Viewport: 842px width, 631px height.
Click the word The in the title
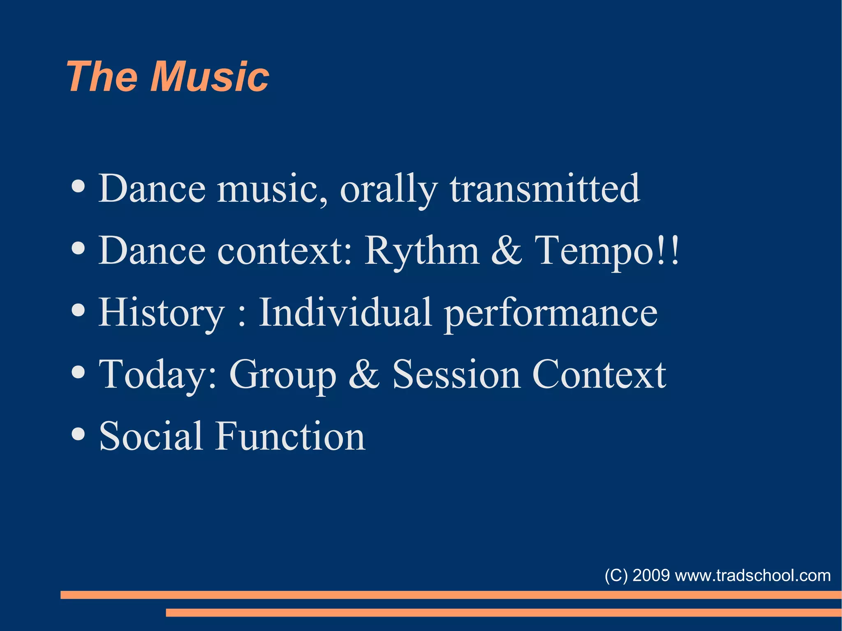(102, 76)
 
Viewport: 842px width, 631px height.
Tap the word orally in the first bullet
(389, 189)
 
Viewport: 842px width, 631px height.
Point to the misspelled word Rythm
(422, 251)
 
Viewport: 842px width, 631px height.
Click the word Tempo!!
(607, 251)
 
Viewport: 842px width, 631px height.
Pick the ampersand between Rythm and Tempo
(507, 251)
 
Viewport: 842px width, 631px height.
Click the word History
(162, 313)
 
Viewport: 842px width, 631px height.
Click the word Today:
(158, 375)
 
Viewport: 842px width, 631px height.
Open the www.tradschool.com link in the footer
(753, 575)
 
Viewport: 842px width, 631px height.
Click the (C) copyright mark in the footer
(616, 575)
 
